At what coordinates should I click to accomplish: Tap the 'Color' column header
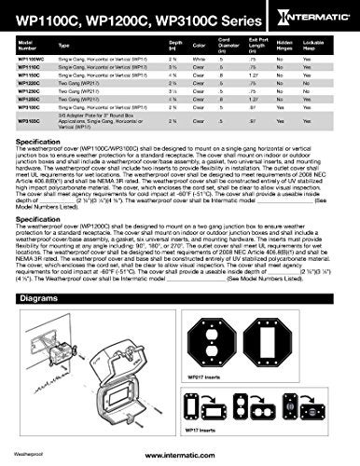pyautogui.click(x=219, y=44)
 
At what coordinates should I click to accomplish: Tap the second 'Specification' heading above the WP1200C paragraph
pyautogui.click(x=43, y=203)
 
